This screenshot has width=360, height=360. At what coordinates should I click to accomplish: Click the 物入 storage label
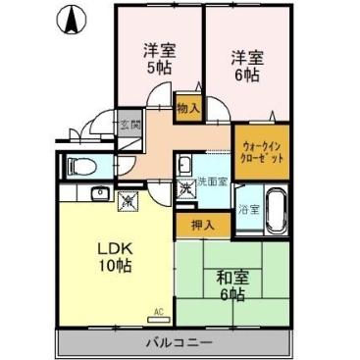coord(188,108)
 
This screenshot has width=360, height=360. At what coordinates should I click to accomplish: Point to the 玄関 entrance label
coord(130,125)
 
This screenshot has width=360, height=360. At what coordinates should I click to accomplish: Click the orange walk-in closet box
coord(262,150)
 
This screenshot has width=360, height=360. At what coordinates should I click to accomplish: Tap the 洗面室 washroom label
coord(212,180)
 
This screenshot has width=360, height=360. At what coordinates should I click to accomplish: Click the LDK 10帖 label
coord(114,256)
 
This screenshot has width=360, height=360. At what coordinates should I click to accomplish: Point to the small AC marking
coord(158,315)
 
